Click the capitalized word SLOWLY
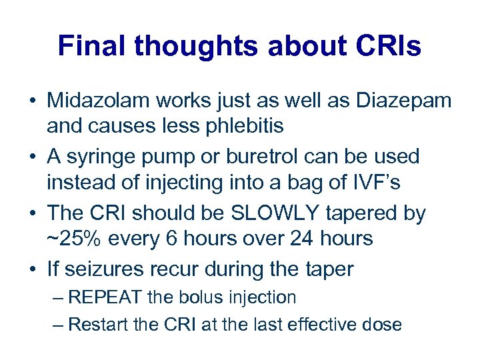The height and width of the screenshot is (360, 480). [273, 213]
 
